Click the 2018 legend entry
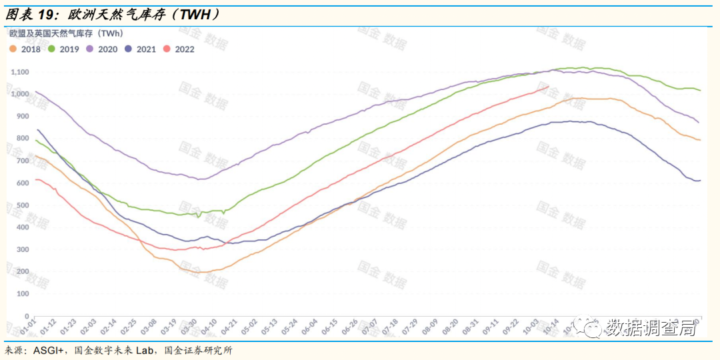(26, 49)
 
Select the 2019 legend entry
(65, 49)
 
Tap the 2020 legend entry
(103, 49)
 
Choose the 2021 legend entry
(142, 49)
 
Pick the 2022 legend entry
(180, 49)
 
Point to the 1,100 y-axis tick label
(20, 71)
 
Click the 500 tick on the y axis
(23, 205)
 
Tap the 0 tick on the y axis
(27, 315)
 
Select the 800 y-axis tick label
(23, 138)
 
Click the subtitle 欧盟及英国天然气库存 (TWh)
(65, 33)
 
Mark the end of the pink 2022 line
(549, 87)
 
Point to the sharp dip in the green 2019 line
(198, 217)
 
